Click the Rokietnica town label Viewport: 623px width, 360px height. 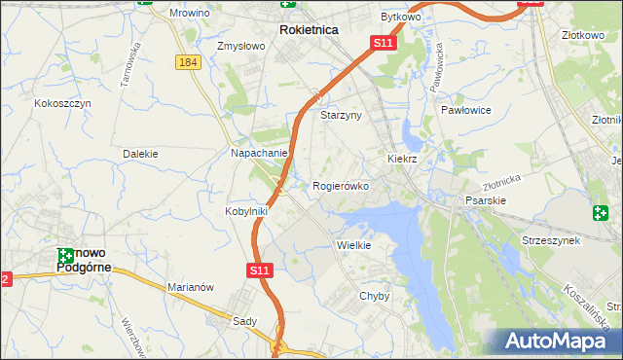309,30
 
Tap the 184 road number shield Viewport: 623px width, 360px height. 189,61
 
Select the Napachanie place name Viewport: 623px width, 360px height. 258,154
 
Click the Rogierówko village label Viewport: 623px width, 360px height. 341,186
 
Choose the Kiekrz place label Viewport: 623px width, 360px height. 402,158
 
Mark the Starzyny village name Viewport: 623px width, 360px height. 341,115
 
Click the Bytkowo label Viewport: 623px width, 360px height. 399,18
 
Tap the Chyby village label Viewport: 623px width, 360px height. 375,296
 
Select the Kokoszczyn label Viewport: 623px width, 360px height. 62,103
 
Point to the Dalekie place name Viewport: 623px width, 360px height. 140,154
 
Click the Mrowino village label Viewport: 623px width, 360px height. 217,16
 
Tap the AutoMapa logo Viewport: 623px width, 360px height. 551,342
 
